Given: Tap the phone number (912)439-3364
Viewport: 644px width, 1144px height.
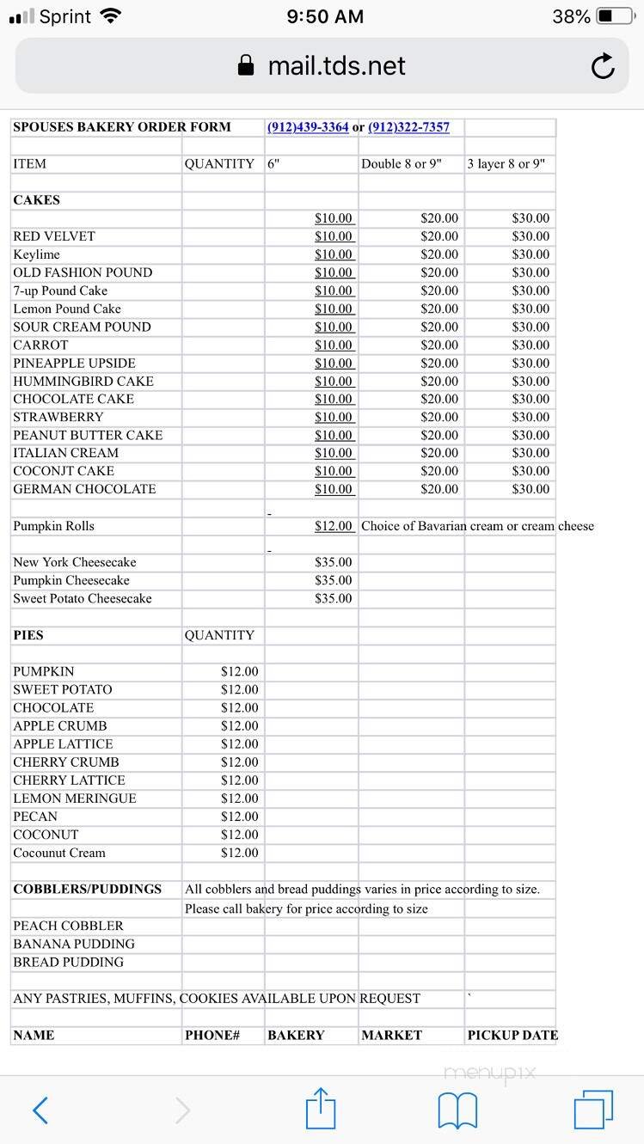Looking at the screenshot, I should click(308, 127).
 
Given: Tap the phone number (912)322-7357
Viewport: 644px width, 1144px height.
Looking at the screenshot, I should click(408, 127).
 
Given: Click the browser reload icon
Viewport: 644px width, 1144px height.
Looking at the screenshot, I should click(603, 66).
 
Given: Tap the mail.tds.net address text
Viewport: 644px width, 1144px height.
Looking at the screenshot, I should click(336, 66).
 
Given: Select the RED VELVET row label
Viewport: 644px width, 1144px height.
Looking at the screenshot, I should click(54, 236).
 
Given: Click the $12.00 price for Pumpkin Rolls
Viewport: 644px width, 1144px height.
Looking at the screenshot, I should click(334, 526).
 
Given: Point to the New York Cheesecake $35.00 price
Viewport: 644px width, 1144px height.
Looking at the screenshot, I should click(334, 562).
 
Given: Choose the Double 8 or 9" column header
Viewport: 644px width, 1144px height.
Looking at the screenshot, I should click(401, 164).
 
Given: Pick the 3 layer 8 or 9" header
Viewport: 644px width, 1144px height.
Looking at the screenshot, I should click(506, 164).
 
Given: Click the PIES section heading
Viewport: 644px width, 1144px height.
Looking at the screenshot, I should click(28, 635).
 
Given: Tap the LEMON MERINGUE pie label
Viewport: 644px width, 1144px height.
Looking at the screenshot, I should click(75, 798).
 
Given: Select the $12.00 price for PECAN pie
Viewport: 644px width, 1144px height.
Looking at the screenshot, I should click(239, 817).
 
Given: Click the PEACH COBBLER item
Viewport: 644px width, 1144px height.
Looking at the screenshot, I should click(68, 926).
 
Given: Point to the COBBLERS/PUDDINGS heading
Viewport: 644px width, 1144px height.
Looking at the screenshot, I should click(87, 889).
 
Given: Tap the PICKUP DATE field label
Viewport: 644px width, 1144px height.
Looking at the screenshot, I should click(512, 1035).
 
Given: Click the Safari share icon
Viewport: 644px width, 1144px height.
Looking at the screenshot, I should click(321, 1110).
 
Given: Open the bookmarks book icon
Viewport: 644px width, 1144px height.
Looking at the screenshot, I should click(457, 1110).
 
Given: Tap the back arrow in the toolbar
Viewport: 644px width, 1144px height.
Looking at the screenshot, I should click(40, 1110).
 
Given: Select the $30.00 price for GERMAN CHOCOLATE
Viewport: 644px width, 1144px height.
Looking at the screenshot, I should click(531, 489).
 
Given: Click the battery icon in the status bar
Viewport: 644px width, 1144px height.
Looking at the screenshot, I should click(616, 16).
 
